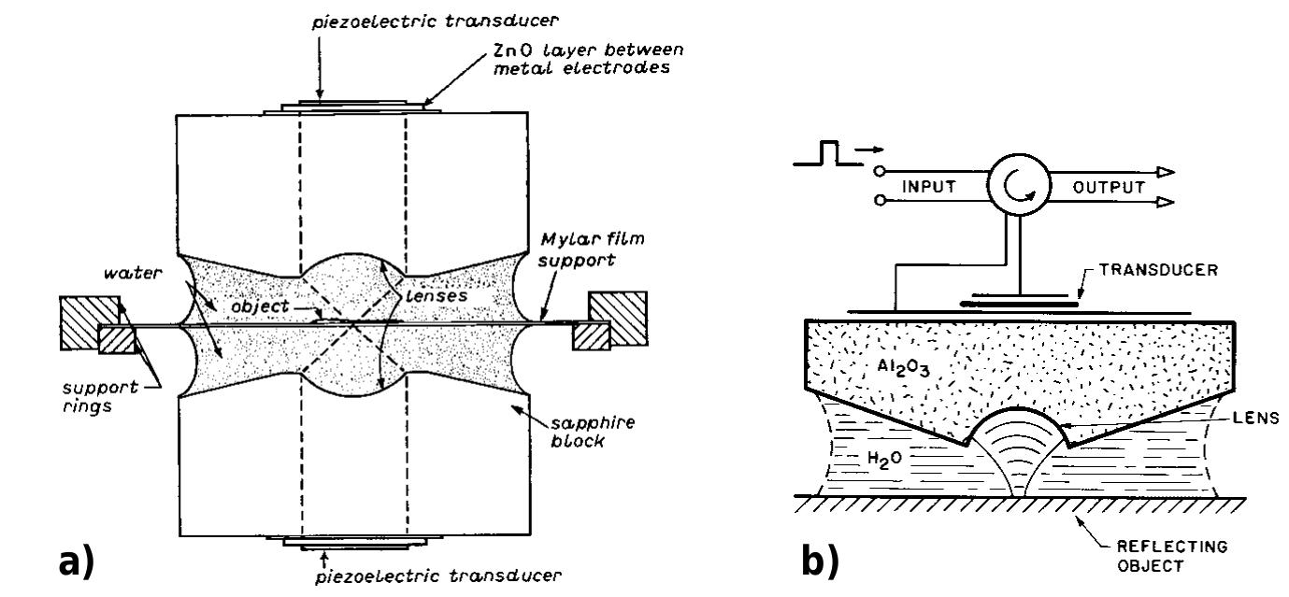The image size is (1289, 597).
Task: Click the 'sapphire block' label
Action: tap(578, 431)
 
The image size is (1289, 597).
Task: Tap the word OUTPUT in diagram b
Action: tap(1109, 187)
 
